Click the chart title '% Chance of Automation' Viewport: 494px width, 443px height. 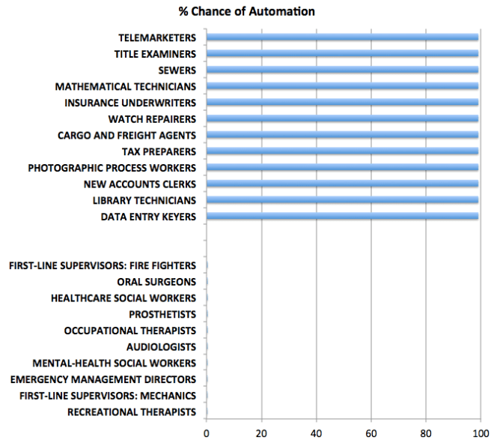pos(246,11)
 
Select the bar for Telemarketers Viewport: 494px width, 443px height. pos(342,37)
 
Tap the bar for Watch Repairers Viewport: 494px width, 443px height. pos(342,119)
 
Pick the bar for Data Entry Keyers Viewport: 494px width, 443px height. pos(342,217)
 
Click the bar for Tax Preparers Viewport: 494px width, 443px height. pos(342,151)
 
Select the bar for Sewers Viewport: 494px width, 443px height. pos(342,70)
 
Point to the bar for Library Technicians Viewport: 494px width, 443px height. pos(342,200)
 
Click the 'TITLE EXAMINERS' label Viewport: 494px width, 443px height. pos(155,54)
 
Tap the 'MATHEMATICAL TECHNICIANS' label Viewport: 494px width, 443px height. pos(126,86)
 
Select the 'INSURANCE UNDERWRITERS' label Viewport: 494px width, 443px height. pos(130,103)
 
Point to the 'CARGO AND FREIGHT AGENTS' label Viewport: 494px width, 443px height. pos(126,136)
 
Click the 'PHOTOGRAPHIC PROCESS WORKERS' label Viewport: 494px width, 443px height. pos(112,168)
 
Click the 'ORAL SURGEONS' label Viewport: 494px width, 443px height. pos(156,282)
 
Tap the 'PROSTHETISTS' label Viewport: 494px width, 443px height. pos(162,314)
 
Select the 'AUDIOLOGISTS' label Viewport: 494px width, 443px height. pos(161,347)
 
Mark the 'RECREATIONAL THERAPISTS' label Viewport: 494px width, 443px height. pos(132,412)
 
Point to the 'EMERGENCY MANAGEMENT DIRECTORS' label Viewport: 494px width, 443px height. pos(103,379)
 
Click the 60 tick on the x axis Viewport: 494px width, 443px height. pos(370,433)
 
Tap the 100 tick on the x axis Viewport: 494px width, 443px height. pos(480,433)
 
